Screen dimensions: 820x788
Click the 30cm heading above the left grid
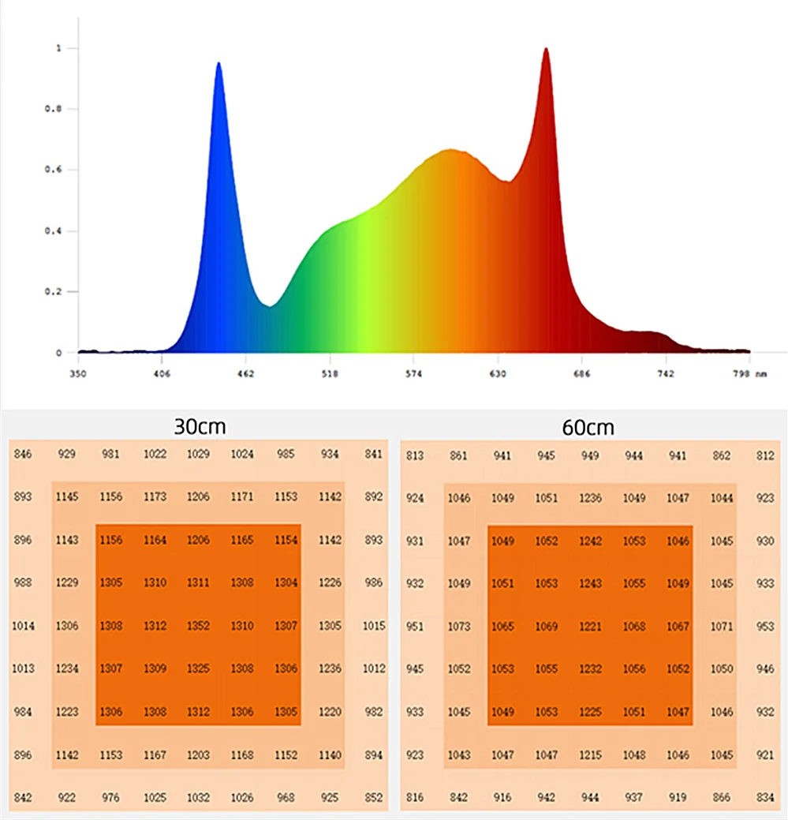point(200,427)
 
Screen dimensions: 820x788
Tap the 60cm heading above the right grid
point(588,427)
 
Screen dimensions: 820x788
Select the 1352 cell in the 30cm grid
point(199,626)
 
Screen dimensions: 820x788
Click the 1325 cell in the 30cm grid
point(199,668)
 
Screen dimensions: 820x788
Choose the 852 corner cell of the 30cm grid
point(375,798)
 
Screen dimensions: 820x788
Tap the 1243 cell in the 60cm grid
point(590,583)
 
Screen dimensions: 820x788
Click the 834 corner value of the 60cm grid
point(765,798)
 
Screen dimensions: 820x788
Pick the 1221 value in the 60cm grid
point(590,626)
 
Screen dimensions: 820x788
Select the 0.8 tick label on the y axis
point(52,109)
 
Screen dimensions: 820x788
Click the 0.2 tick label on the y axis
point(52,292)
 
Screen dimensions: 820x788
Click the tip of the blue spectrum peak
point(218,63)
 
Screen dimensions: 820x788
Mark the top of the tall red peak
point(546,49)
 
